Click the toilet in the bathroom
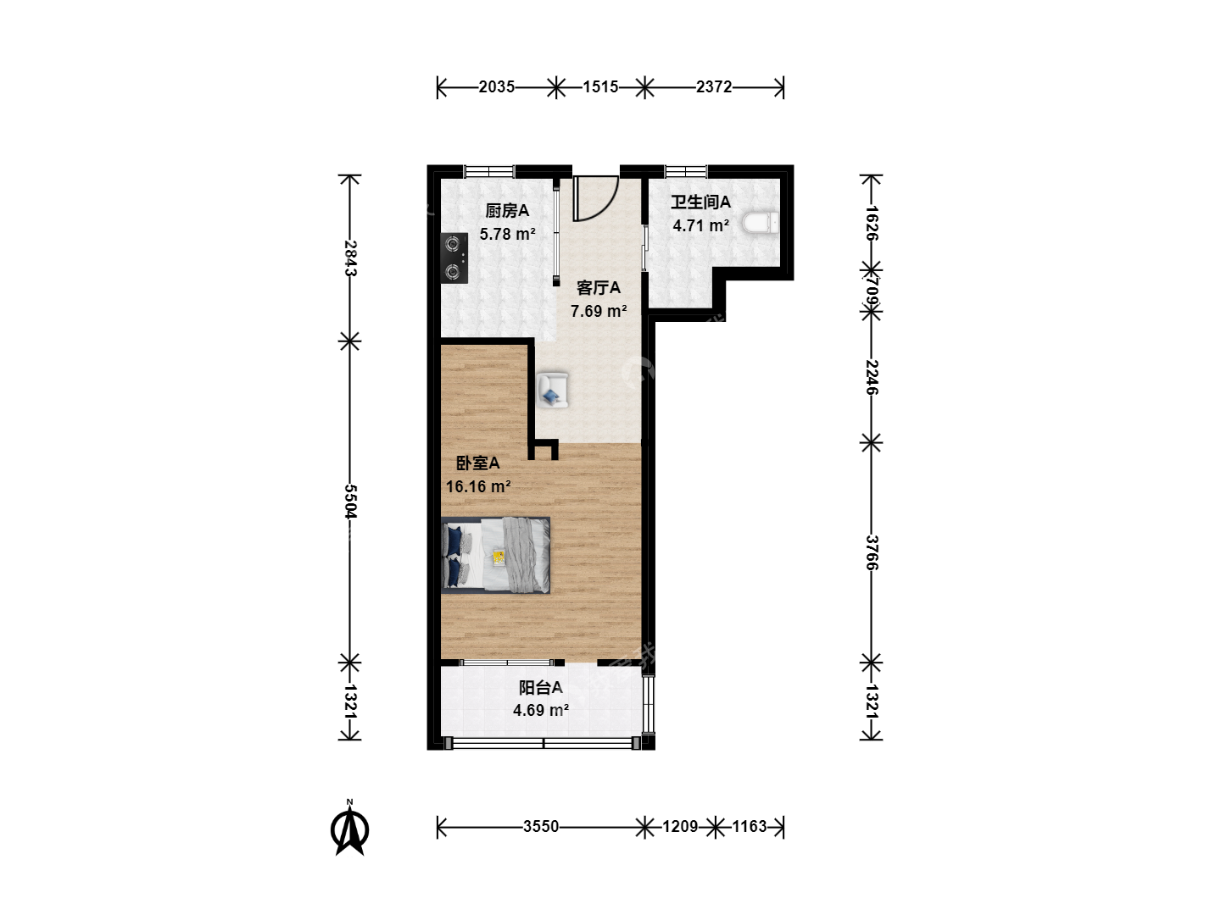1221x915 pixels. pyautogui.click(x=760, y=222)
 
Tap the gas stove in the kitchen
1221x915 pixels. pyautogui.click(x=454, y=258)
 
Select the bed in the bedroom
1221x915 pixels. pyautogui.click(x=496, y=555)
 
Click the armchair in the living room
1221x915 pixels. pyautogui.click(x=552, y=390)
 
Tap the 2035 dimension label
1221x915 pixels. pyautogui.click(x=496, y=87)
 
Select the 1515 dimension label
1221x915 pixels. pyautogui.click(x=600, y=87)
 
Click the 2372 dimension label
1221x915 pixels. pyautogui.click(x=714, y=87)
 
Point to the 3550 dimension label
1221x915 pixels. pyautogui.click(x=541, y=827)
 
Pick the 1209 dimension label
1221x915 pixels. pyautogui.click(x=680, y=827)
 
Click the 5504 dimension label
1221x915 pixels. pyautogui.click(x=350, y=501)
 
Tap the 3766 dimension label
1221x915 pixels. pyautogui.click(x=872, y=552)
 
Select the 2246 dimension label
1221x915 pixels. pyautogui.click(x=872, y=377)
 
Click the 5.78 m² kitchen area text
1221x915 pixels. pyautogui.click(x=507, y=234)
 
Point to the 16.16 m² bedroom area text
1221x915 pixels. pyautogui.click(x=478, y=486)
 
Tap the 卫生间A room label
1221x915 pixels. pyautogui.click(x=700, y=202)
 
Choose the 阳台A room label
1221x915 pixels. pyautogui.click(x=541, y=688)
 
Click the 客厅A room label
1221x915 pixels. pyautogui.click(x=598, y=288)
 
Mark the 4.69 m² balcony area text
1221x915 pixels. pyautogui.click(x=541, y=711)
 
